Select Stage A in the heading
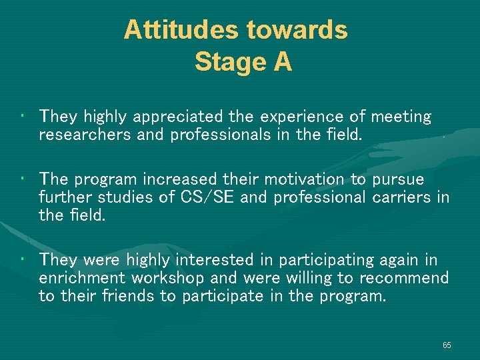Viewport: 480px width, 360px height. (x=243, y=62)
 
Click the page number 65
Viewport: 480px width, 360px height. (x=446, y=345)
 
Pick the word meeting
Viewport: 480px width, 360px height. (x=401, y=117)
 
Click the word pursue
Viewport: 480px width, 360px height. (x=398, y=179)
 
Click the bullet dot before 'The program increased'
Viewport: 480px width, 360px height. (x=23, y=179)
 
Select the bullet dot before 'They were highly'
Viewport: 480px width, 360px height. (x=23, y=259)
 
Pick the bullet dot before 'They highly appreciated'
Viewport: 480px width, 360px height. (x=23, y=117)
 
